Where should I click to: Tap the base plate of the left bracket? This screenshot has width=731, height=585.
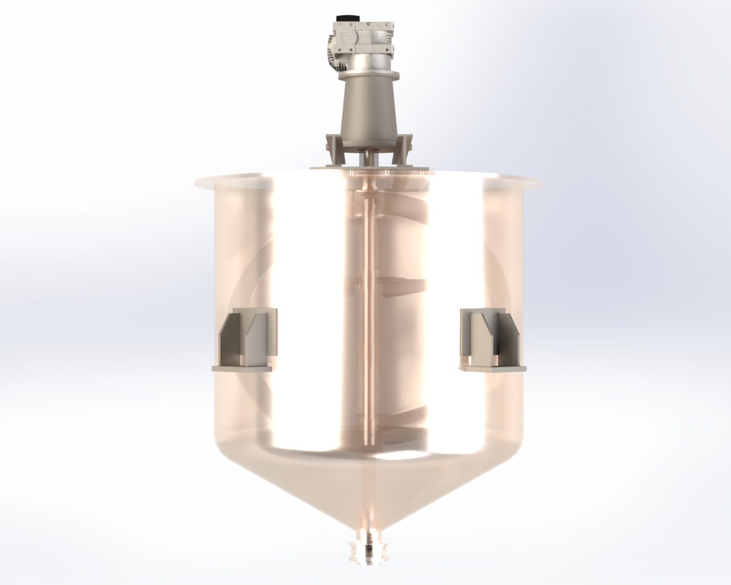[242, 369]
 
